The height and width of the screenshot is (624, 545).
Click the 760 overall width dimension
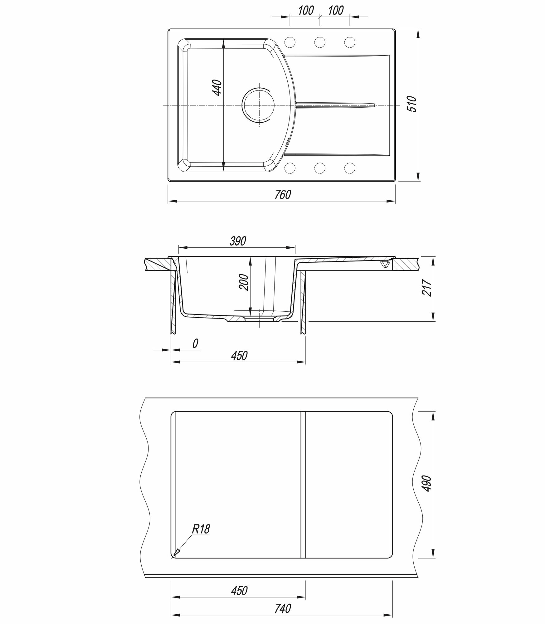(283, 195)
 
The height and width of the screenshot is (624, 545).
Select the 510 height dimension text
(412, 104)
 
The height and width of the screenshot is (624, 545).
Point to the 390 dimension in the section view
(238, 241)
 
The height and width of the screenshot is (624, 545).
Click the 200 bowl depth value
(245, 283)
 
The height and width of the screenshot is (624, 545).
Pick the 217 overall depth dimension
(426, 287)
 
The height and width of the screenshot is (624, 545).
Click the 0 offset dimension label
(196, 343)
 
